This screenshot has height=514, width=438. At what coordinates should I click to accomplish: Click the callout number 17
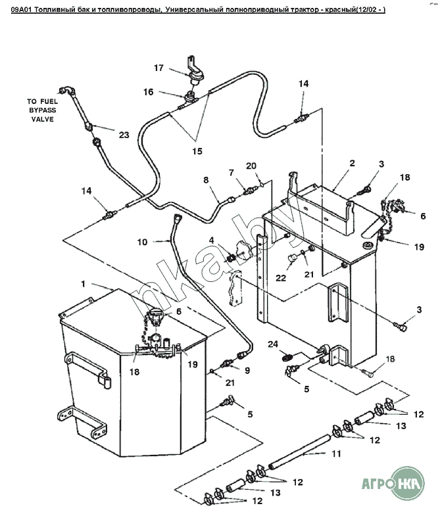(x=158, y=67)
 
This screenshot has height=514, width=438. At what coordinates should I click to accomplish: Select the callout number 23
(x=124, y=135)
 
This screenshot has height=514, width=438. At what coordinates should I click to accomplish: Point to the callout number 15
(x=197, y=151)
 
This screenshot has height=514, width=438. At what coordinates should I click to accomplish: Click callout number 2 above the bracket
(x=352, y=162)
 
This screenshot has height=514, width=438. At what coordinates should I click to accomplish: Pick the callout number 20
(x=250, y=165)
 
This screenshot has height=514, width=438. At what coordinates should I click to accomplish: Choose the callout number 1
(x=84, y=284)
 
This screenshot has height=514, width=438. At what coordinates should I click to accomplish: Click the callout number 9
(x=247, y=371)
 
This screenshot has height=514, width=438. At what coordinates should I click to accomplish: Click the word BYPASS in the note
(x=42, y=111)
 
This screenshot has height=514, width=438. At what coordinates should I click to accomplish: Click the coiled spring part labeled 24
(x=287, y=358)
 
